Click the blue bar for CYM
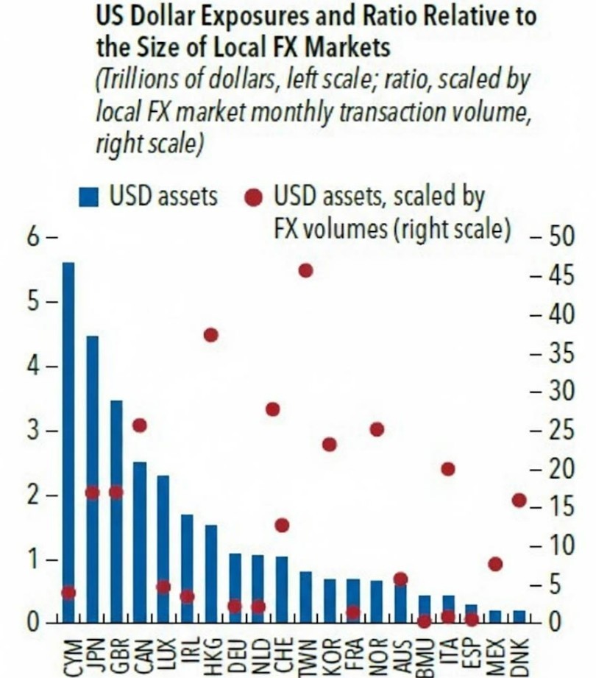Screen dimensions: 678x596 click(68, 442)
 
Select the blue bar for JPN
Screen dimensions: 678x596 click(93, 479)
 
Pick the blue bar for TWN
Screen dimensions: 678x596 click(305, 597)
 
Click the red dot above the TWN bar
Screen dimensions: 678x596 click(305, 271)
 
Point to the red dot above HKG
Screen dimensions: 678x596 click(211, 335)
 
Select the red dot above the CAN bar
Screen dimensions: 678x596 click(140, 425)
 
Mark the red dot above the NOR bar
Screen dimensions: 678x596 click(377, 429)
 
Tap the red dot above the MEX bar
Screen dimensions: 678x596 click(495, 564)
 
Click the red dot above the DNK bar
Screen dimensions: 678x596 click(519, 501)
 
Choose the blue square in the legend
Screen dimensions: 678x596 click(89, 197)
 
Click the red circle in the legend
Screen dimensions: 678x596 click(254, 197)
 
